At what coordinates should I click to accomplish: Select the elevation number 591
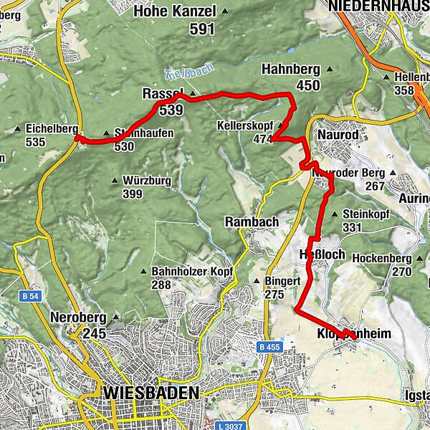point(203,29)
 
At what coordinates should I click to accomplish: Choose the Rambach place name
point(252,222)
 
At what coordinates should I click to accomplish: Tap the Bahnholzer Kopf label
point(188,272)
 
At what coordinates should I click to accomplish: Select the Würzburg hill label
point(148,181)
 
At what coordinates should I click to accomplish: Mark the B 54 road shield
point(27,295)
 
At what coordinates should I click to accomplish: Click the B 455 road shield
point(269,348)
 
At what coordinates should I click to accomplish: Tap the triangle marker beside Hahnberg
point(330,70)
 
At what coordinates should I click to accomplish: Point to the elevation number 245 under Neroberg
point(94,333)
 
